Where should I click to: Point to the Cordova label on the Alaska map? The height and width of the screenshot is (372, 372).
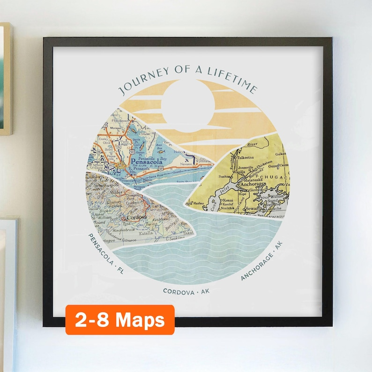(135, 218)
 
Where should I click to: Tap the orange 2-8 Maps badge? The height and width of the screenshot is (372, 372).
(120, 320)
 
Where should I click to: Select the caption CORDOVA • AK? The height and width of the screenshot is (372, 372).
(186, 291)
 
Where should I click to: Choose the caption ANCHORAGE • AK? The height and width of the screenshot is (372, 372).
(262, 261)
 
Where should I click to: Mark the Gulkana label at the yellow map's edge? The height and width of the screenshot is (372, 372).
(281, 154)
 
